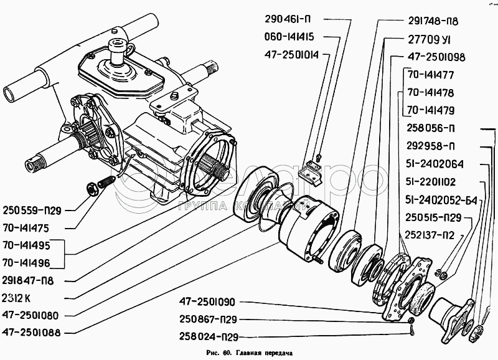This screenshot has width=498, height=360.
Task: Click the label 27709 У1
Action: (x=430, y=38)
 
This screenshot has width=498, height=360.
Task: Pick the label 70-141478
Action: (x=431, y=92)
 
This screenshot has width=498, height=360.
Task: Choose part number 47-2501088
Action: (x=32, y=333)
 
